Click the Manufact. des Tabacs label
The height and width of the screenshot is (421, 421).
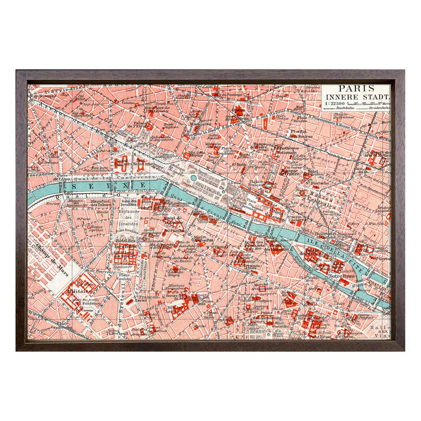100,203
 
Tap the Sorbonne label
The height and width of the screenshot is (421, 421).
304,314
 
